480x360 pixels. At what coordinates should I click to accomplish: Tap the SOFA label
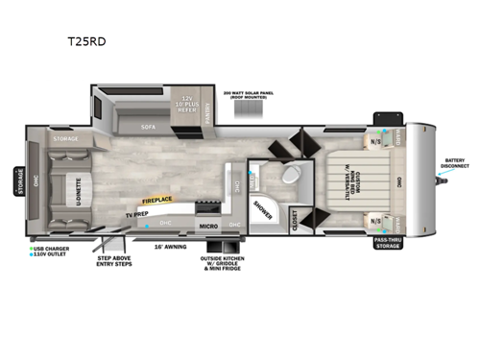(148, 125)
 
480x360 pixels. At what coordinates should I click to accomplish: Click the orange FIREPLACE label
(157, 201)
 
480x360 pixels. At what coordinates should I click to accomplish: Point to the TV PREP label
(135, 213)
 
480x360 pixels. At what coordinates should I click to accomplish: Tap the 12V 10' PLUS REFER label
(189, 103)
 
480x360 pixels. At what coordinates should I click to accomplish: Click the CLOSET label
(295, 219)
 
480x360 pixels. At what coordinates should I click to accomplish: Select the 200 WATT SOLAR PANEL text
(248, 95)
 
